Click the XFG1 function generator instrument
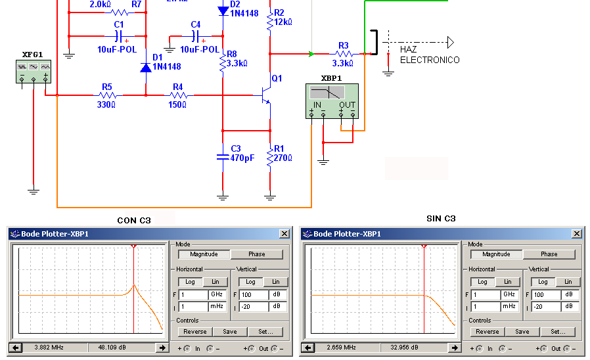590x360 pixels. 34,72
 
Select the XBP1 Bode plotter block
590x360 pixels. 332,101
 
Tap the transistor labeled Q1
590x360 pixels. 266,95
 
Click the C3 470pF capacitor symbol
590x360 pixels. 223,157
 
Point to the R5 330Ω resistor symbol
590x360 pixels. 107,95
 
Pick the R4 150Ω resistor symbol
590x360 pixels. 178,95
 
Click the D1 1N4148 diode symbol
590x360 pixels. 146,67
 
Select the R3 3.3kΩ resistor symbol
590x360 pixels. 344,54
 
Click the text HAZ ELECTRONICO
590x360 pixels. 429,55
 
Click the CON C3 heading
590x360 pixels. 134,221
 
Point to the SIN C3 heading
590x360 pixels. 441,219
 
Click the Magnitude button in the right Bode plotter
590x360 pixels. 496,254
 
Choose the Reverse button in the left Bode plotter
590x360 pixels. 195,332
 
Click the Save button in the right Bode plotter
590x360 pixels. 522,332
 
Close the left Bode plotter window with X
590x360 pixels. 284,234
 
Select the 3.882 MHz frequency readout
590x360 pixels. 49,348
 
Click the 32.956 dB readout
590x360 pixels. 405,348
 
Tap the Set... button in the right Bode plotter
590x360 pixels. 558,332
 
